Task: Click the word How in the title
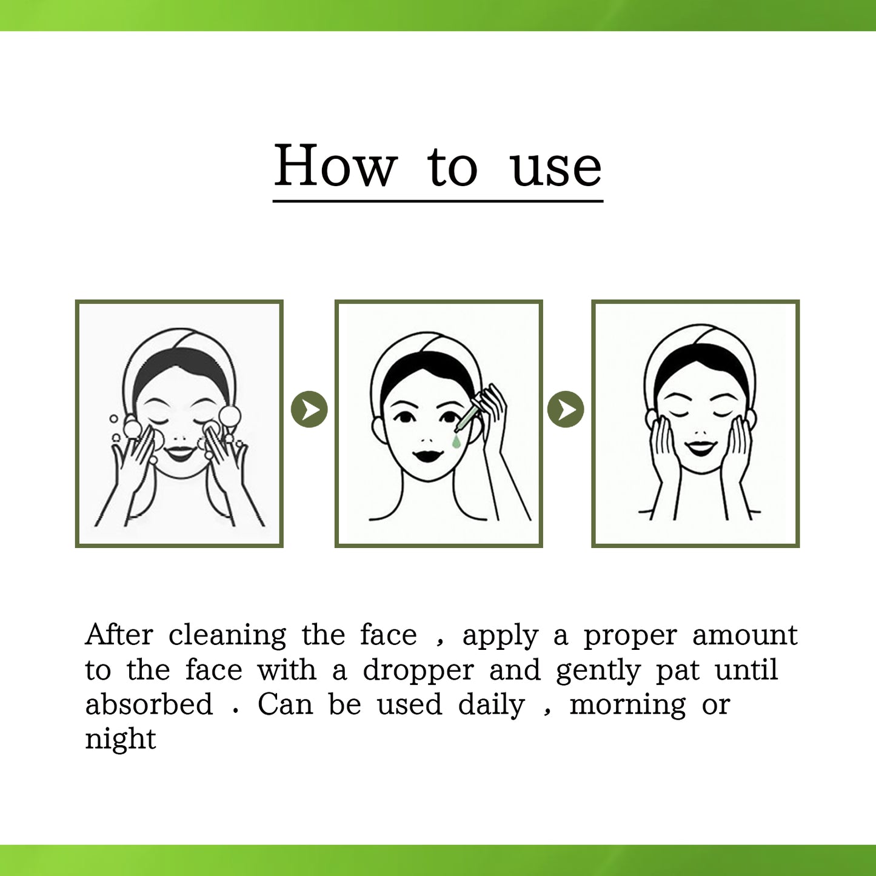(335, 166)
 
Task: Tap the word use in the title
(556, 168)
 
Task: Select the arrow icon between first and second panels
(309, 410)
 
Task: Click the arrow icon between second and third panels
(566, 409)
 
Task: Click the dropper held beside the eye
(467, 419)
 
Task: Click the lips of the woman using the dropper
(429, 455)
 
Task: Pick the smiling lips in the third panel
(700, 448)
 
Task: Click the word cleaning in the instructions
(227, 635)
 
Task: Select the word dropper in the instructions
(418, 670)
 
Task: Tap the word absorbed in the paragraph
(149, 704)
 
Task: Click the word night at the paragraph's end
(120, 740)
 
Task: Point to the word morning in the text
(627, 706)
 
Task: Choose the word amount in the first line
(744, 635)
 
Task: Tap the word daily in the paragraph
(491, 706)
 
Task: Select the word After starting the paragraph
(119, 635)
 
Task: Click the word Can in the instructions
(285, 704)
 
